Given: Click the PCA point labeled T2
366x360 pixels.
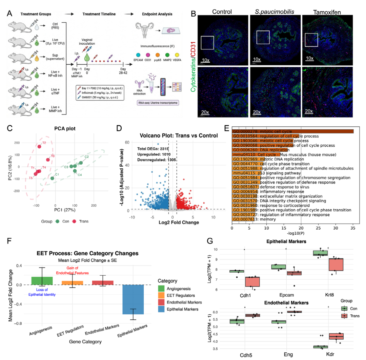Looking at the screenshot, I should [x=39, y=147].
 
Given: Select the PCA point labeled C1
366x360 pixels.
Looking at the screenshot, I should [x=52, y=178].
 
